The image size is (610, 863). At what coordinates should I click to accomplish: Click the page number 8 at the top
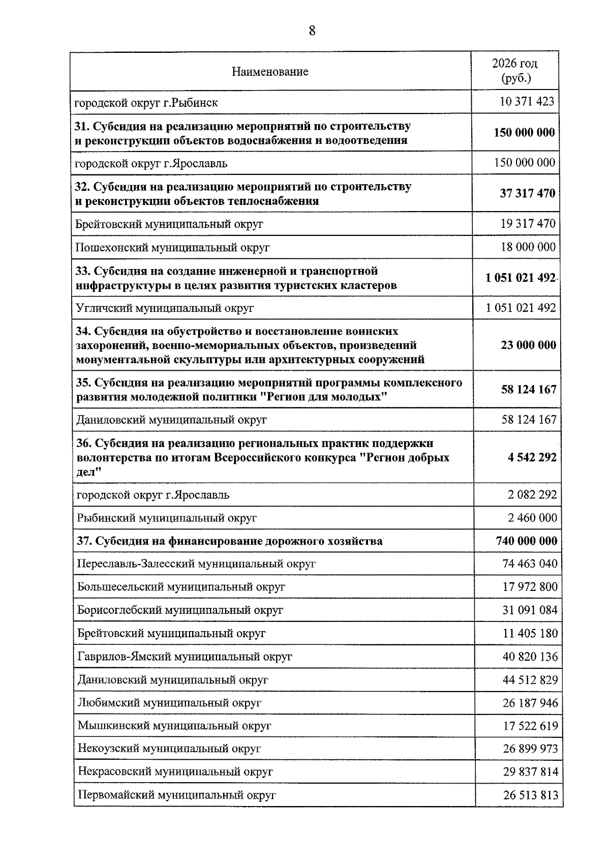[312, 31]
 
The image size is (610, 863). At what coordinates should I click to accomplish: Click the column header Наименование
[270, 72]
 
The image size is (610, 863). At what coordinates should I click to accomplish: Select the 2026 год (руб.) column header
[514, 71]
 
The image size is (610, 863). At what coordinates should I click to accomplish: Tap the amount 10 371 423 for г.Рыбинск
[527, 102]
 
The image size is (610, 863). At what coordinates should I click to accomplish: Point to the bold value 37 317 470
[527, 193]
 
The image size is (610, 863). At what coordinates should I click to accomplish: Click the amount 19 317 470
[528, 224]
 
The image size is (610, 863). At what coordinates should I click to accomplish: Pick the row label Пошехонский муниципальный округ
[172, 248]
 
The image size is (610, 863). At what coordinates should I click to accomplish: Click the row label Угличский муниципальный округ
[164, 308]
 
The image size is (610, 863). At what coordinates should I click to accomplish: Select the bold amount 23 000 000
[528, 345]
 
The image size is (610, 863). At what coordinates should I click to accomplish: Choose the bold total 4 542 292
[532, 457]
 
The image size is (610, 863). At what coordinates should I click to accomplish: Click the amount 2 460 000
[532, 518]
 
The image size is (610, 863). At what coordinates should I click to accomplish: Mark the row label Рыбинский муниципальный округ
[167, 518]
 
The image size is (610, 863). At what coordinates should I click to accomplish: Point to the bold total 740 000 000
[526, 541]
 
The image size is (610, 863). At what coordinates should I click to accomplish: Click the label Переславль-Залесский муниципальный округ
[196, 564]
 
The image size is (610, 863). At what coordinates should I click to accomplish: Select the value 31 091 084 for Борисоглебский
[530, 610]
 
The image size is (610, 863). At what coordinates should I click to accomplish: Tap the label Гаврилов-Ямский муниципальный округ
[185, 657]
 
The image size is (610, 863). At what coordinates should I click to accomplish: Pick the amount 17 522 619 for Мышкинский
[530, 726]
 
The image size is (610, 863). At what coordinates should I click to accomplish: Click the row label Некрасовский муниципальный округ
[175, 772]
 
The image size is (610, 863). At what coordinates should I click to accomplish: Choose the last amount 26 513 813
[530, 795]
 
